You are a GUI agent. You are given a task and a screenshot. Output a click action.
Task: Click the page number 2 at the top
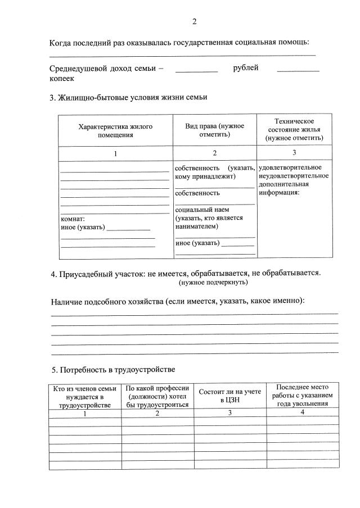tap(194, 22)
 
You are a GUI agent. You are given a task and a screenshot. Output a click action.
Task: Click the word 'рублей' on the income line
tap(246, 68)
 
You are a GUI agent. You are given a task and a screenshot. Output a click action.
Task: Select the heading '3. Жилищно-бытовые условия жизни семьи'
tap(129, 97)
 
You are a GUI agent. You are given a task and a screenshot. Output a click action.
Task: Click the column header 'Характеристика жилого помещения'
tap(115, 131)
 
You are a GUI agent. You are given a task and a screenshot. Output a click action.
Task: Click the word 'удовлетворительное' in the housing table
tap(290, 167)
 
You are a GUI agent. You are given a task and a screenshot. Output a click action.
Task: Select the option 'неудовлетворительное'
tap(294, 176)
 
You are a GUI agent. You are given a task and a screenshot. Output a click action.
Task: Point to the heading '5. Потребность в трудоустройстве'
tap(113, 369)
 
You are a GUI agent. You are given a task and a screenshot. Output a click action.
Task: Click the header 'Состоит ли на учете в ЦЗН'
tap(230, 395)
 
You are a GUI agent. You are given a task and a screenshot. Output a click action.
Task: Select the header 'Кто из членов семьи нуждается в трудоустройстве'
tap(85, 396)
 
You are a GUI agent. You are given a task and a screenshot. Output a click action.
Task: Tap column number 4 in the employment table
tap(303, 412)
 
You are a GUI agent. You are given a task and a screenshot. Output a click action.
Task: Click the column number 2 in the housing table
tap(214, 153)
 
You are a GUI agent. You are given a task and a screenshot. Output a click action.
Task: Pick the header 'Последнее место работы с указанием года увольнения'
tap(303, 395)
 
